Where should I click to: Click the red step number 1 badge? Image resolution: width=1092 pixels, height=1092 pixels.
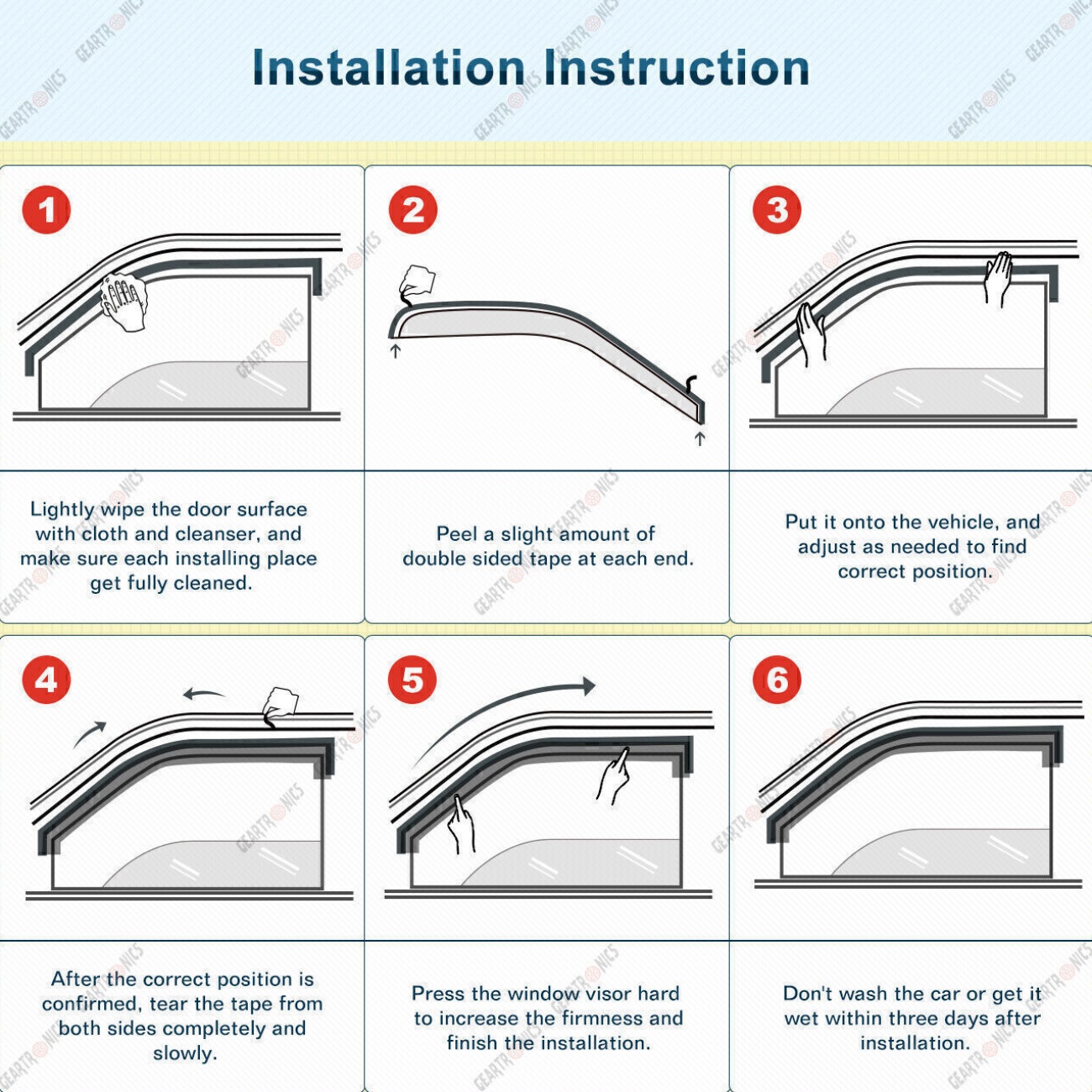46,210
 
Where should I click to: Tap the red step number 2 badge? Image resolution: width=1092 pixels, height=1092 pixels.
412,210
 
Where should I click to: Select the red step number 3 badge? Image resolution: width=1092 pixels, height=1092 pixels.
777,210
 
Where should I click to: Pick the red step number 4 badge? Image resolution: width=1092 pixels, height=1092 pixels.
46,680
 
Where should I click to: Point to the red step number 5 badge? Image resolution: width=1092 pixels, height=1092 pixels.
412,680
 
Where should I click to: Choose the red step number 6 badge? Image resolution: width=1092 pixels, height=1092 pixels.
777,680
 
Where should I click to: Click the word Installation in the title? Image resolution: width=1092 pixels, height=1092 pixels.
389,68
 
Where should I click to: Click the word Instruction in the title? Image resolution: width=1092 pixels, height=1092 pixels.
676,68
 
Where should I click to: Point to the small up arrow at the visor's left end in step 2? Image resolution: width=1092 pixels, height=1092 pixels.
396,351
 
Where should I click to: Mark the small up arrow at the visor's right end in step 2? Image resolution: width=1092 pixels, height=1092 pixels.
700,438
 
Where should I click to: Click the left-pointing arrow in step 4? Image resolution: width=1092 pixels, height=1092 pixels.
204,694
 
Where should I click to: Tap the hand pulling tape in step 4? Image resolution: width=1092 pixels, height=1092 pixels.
280,707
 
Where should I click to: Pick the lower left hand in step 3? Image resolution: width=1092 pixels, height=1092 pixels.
811,334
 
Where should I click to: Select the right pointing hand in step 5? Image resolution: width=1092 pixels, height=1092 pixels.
613,776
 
